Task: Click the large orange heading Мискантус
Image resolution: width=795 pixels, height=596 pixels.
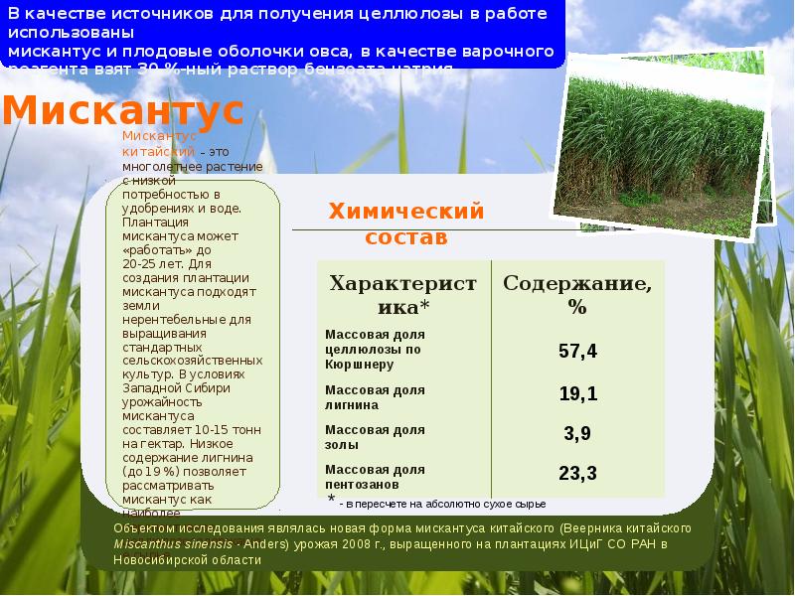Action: tap(122, 110)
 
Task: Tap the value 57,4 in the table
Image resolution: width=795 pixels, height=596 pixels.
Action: tap(577, 351)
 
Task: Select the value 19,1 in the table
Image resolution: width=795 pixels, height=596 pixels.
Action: tap(577, 394)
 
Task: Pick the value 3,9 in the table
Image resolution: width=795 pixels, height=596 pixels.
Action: tap(577, 433)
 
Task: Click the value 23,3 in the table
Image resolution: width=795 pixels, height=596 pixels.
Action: tap(577, 472)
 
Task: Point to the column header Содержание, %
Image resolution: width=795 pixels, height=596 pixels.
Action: tap(577, 295)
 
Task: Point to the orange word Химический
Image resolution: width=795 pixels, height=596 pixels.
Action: tap(406, 212)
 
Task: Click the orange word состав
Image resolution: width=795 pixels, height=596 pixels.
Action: tap(406, 237)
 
